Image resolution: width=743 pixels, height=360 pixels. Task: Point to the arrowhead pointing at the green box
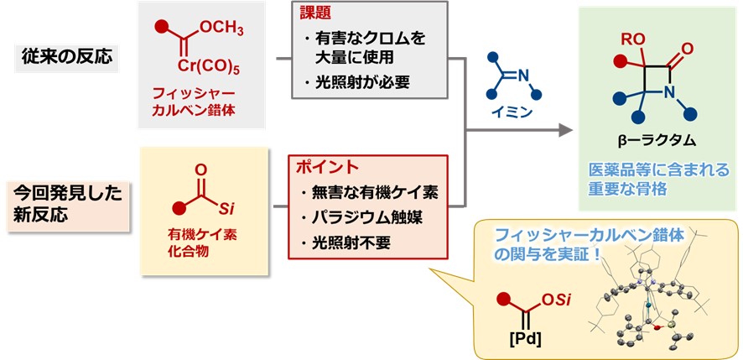[x=567, y=131]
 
